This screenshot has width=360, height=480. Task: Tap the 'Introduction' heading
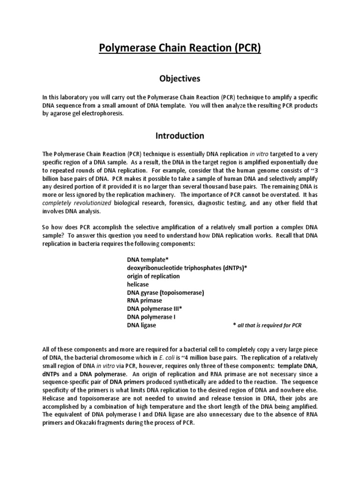180,136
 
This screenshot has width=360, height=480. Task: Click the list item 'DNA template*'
148,259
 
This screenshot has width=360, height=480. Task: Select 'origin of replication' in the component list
153,276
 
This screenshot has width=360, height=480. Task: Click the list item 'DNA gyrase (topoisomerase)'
165,292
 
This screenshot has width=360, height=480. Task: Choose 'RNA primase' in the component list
144,300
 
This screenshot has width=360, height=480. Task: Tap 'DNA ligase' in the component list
142,325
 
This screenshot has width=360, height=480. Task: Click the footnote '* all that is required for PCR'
267,325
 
